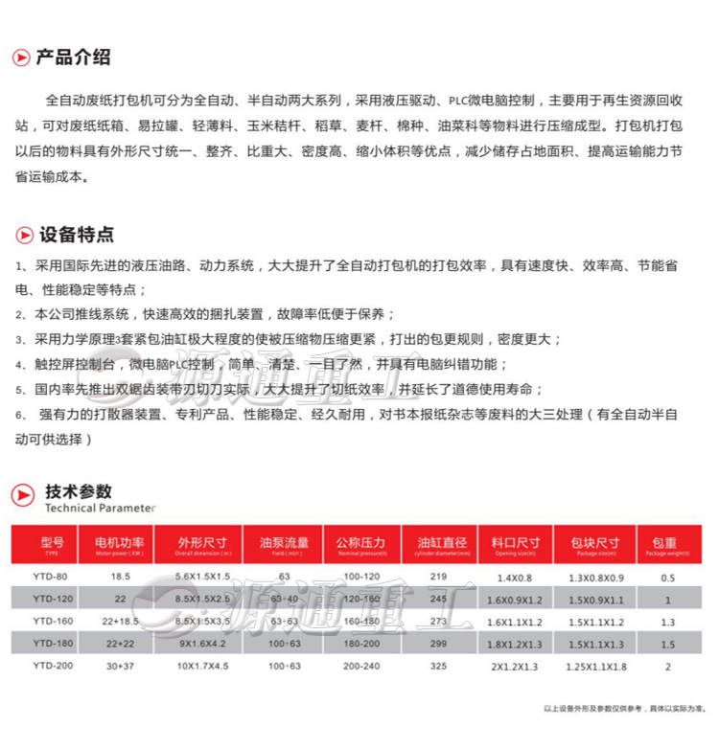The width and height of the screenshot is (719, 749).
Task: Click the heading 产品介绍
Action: pos(73,57)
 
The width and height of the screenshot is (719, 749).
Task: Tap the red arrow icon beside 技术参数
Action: pos(23,495)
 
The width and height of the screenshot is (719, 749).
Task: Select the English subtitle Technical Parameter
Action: pos(100,509)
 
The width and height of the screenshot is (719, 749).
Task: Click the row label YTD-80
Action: pos(50,577)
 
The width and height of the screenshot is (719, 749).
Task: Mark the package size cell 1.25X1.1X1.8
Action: pos(595,666)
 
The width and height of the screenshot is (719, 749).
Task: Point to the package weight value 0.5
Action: pos(668,578)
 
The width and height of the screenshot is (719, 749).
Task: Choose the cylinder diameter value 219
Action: pos(439,577)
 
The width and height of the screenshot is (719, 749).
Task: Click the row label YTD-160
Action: pos(50,621)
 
